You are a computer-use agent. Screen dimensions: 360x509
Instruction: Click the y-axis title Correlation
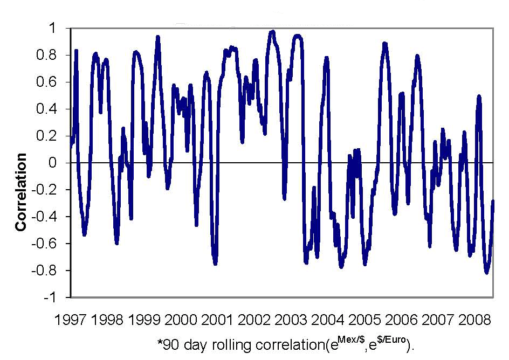tap(21, 192)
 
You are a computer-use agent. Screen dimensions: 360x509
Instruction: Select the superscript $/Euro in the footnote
tap(389, 338)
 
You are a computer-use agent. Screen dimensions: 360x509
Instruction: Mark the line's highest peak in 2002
tap(272, 32)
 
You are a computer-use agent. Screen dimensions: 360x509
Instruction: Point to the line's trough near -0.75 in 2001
tap(215, 263)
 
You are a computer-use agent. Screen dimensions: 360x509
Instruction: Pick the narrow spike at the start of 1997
tap(76, 51)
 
